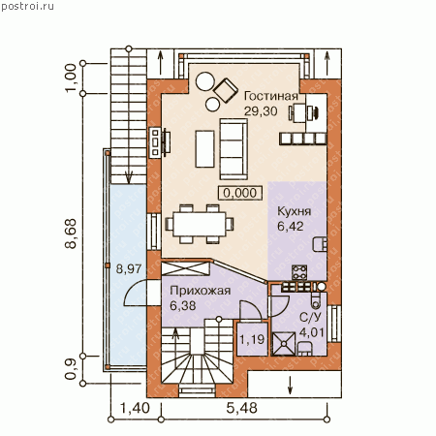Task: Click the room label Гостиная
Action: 270,96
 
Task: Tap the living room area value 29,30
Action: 261,111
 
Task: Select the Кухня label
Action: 295,211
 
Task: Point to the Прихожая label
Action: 201,291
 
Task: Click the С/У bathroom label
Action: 311,317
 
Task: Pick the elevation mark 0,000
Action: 240,193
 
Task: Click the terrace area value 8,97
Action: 129,268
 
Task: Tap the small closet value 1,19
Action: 252,339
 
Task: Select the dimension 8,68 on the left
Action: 71,234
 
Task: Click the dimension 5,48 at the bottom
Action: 241,408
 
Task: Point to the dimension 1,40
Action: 135,408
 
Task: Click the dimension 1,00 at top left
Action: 71,78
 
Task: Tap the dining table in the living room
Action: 200,224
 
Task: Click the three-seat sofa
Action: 234,149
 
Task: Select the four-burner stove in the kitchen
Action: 299,272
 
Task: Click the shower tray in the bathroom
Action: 284,344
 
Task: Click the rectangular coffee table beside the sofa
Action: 204,149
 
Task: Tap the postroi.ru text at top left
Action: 27,6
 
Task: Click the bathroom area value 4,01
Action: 311,332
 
